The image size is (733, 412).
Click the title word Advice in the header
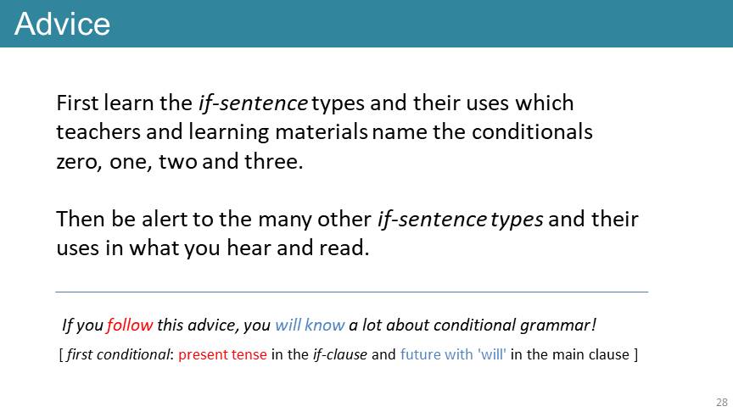(x=62, y=24)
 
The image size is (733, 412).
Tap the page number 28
(x=722, y=402)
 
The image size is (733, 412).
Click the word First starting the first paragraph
(x=77, y=103)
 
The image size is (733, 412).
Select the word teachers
(x=98, y=131)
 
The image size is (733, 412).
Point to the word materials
(x=322, y=131)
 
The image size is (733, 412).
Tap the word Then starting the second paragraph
(x=81, y=219)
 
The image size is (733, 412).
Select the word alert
(x=164, y=219)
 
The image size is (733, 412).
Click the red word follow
(x=130, y=325)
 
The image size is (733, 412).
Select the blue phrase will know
(x=310, y=325)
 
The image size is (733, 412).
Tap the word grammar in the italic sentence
(x=558, y=326)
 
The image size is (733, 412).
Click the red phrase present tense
(x=222, y=354)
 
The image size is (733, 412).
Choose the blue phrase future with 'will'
(x=453, y=354)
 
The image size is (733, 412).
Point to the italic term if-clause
(x=340, y=354)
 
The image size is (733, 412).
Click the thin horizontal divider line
(x=352, y=292)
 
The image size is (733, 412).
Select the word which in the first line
(x=544, y=103)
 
